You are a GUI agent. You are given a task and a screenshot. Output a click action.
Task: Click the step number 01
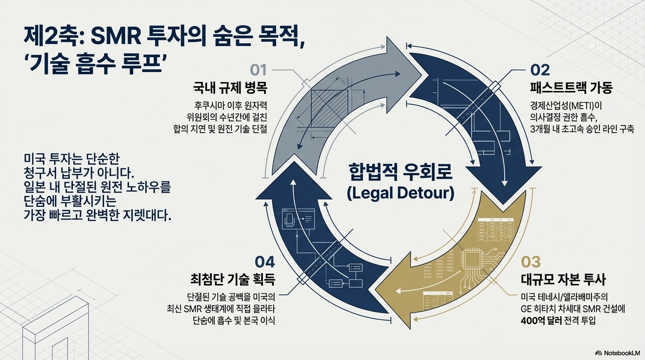(x=258, y=70)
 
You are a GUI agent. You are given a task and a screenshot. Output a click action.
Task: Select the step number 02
(x=540, y=70)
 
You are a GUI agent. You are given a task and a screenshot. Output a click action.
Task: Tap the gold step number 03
(x=531, y=261)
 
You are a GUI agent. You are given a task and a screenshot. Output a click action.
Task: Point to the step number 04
(x=264, y=262)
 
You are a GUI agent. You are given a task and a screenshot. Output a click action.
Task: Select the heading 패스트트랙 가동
(x=571, y=88)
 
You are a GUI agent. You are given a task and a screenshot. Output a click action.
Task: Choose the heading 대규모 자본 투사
(x=563, y=280)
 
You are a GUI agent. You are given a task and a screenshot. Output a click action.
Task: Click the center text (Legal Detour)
(x=400, y=193)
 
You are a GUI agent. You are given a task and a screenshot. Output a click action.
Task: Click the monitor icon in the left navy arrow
(x=291, y=218)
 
